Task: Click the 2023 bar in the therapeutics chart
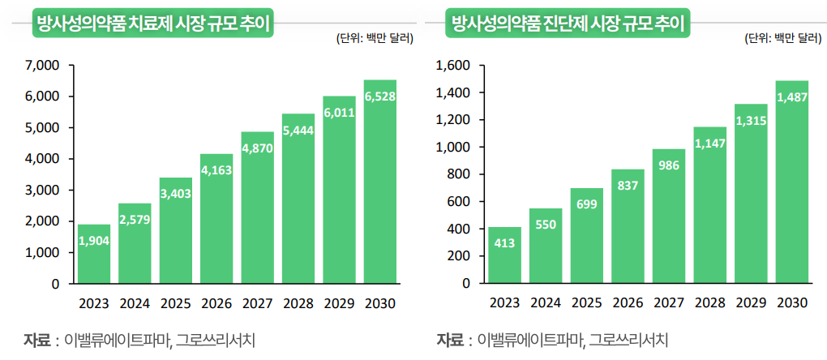[x=93, y=255]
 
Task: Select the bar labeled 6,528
[x=380, y=182]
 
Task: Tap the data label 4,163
[x=216, y=171]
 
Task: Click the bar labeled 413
[x=504, y=256]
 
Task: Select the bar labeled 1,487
[x=792, y=182]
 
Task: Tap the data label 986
[x=669, y=165]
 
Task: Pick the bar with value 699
[x=586, y=236]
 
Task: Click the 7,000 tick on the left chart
[x=43, y=65]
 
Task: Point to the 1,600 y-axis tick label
[x=455, y=66]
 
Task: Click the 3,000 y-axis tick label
[x=43, y=191]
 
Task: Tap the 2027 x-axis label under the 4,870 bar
[x=257, y=304]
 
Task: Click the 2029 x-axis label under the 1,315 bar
[x=751, y=303]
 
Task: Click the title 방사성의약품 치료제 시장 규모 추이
[x=152, y=24]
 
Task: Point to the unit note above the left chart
[x=374, y=38]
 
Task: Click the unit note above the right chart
[x=783, y=38]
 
